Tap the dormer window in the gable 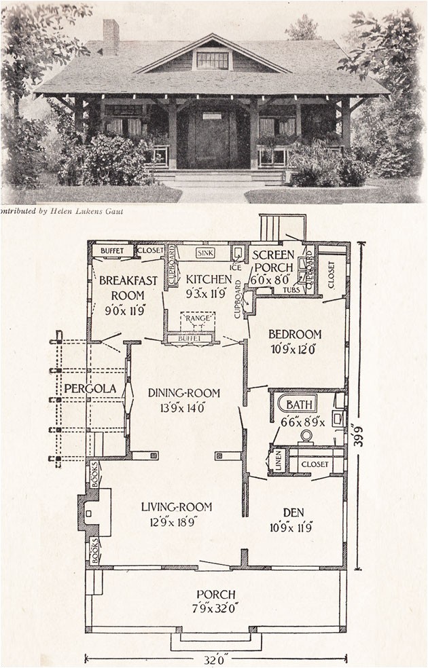click(x=213, y=60)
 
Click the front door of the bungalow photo click(x=211, y=141)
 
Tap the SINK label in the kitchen click(x=205, y=253)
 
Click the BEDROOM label click(x=294, y=334)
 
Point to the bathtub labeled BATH click(x=298, y=405)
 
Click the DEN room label click(x=294, y=513)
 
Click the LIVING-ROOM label click(x=177, y=506)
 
